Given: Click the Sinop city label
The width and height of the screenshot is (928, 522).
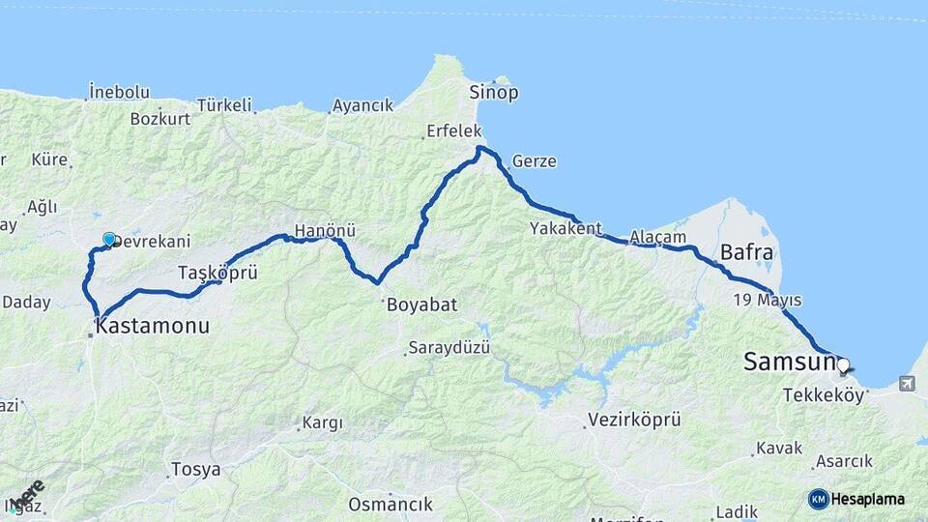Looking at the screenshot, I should point(494,93).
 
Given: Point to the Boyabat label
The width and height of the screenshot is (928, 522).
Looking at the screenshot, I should point(421,304).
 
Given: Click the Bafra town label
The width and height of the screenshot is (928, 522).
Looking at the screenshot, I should point(746,254).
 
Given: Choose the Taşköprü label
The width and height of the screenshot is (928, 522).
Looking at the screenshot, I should point(217,273).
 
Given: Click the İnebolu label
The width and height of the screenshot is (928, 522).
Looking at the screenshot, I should point(119,93).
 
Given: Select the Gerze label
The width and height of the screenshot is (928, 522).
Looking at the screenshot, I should point(535,161).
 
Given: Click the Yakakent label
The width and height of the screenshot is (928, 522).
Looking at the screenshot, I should point(565,229).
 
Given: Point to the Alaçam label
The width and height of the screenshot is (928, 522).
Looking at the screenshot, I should point(657,237).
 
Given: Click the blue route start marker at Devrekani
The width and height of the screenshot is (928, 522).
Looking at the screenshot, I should point(109,240).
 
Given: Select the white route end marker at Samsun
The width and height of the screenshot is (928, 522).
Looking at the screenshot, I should point(843,365).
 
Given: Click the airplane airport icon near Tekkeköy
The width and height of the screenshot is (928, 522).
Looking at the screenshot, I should point(906,384).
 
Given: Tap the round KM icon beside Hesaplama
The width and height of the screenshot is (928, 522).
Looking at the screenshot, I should point(819,499).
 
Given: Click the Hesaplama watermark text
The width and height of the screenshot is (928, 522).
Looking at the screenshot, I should point(868,500).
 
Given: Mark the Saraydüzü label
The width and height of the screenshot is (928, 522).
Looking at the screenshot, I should point(449,347).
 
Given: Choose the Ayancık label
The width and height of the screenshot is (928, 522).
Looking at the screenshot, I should point(362,105).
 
